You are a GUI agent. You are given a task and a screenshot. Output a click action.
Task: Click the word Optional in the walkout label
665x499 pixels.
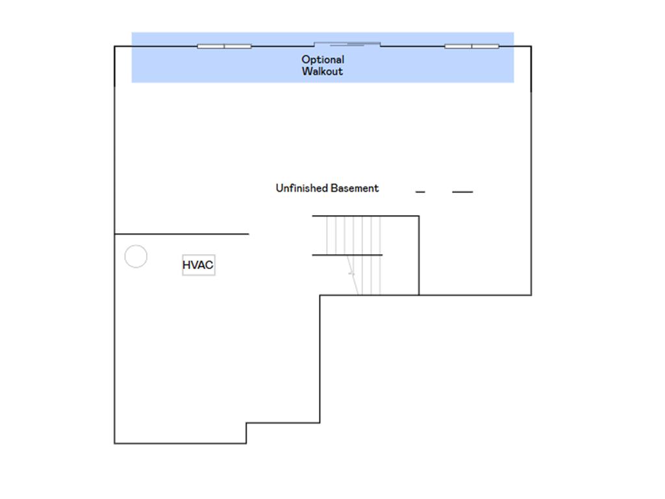click(323, 59)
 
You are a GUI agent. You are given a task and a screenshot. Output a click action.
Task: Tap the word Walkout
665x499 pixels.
click(322, 71)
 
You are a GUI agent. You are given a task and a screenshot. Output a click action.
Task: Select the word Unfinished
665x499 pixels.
click(302, 188)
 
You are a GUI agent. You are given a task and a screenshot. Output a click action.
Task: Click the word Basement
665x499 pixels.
click(355, 188)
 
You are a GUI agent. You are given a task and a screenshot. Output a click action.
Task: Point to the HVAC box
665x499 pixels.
click(199, 265)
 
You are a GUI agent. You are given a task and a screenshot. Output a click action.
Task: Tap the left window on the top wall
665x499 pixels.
click(224, 46)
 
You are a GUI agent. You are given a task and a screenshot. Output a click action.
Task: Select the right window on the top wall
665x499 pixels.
click(471, 46)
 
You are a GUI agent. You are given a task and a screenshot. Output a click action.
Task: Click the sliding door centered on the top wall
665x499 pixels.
click(347, 44)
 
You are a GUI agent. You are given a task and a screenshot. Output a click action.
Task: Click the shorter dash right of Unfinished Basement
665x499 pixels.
click(420, 192)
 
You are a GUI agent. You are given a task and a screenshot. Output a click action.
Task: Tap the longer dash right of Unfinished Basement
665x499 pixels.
click(462, 192)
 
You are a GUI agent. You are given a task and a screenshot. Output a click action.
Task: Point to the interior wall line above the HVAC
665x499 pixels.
click(182, 234)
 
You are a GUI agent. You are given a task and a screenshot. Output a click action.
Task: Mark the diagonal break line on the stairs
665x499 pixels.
click(352, 275)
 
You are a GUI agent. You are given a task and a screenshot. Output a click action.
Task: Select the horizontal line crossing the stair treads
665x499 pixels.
click(347, 255)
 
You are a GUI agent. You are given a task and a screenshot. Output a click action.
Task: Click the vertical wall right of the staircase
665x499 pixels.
click(419, 255)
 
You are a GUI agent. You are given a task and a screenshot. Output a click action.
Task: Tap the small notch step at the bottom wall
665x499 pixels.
click(246, 433)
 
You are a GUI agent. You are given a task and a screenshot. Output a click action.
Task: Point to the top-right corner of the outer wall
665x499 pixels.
click(531, 46)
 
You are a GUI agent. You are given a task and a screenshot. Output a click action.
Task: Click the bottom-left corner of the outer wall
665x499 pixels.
click(114, 443)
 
